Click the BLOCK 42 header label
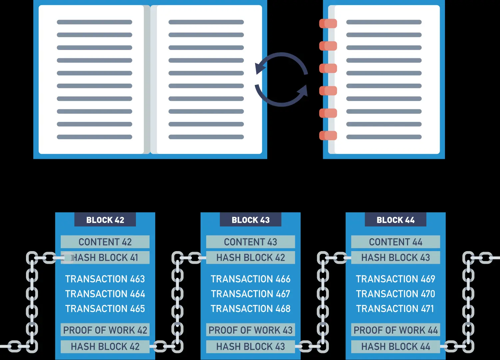point(105,220)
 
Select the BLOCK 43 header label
point(250,220)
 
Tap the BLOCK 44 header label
point(395,220)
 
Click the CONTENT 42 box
point(105,242)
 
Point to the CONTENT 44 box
point(395,242)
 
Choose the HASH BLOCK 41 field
point(105,257)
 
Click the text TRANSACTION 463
point(105,279)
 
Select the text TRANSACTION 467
point(250,294)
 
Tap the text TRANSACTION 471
point(395,309)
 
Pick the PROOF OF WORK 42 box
point(105,330)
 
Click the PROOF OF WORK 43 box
point(250,330)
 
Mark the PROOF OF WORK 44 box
point(395,330)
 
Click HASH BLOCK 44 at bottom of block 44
point(395,347)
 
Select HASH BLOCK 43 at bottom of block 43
point(250,347)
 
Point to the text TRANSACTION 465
point(105,309)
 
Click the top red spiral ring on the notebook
point(328,24)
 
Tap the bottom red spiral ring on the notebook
point(328,136)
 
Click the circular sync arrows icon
point(281,80)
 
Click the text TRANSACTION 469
point(395,279)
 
